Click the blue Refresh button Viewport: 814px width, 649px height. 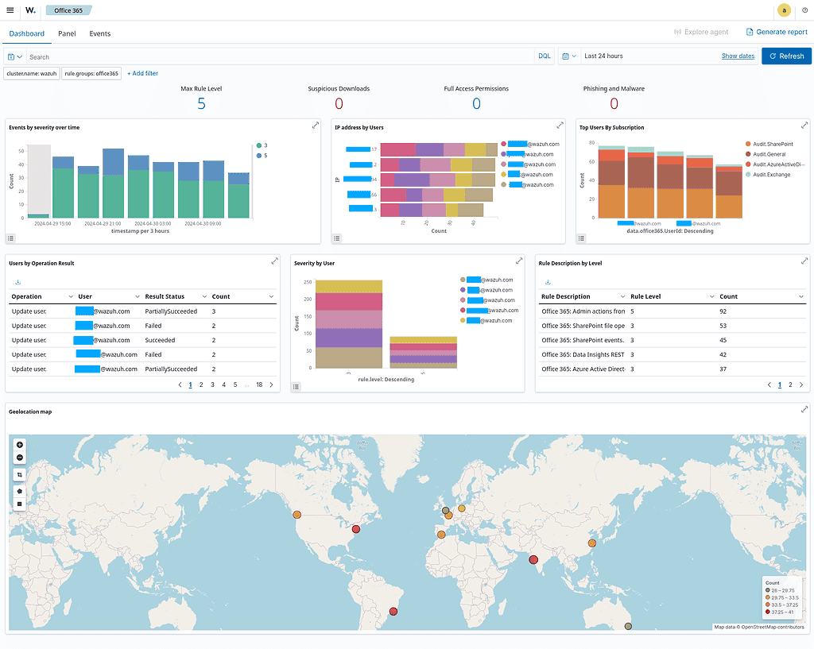(786, 56)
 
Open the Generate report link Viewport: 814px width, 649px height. (777, 33)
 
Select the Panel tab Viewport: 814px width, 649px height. (67, 34)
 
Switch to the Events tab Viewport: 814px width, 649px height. (100, 34)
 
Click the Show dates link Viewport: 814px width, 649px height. (738, 56)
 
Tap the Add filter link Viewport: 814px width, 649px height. (142, 73)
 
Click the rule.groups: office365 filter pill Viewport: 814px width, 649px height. (91, 73)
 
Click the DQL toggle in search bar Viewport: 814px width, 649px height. (544, 56)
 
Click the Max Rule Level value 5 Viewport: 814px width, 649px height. (201, 104)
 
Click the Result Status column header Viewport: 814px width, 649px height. (165, 296)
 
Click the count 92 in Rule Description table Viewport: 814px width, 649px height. (723, 311)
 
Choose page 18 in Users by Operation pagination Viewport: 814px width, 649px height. (258, 384)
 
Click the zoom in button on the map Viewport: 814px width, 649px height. (20, 445)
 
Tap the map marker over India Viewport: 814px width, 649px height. (534, 559)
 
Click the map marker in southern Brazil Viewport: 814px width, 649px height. (392, 612)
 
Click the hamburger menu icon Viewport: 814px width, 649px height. (10, 10)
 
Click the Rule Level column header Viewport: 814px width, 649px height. (645, 296)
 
